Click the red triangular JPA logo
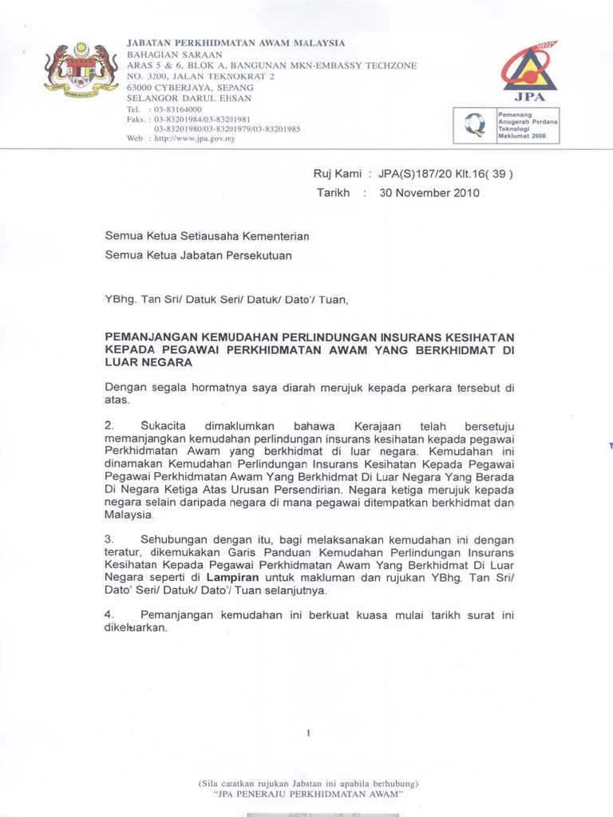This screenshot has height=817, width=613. pos(529,65)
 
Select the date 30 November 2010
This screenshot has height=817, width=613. pos(429,193)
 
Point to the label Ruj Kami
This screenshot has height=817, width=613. pos(336,173)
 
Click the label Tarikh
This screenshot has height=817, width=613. pos(334,193)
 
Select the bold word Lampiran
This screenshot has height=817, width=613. pos(233,577)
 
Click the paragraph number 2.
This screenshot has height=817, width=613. pos(109,427)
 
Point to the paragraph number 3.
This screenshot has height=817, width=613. pos(109,539)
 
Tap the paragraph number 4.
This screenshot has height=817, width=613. pos(109,615)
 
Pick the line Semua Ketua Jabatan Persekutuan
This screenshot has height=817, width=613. pos(199,255)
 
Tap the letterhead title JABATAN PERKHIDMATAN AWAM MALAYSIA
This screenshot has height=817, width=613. pos(236,42)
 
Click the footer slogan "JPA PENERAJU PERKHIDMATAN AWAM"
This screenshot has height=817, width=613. pos(307,795)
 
